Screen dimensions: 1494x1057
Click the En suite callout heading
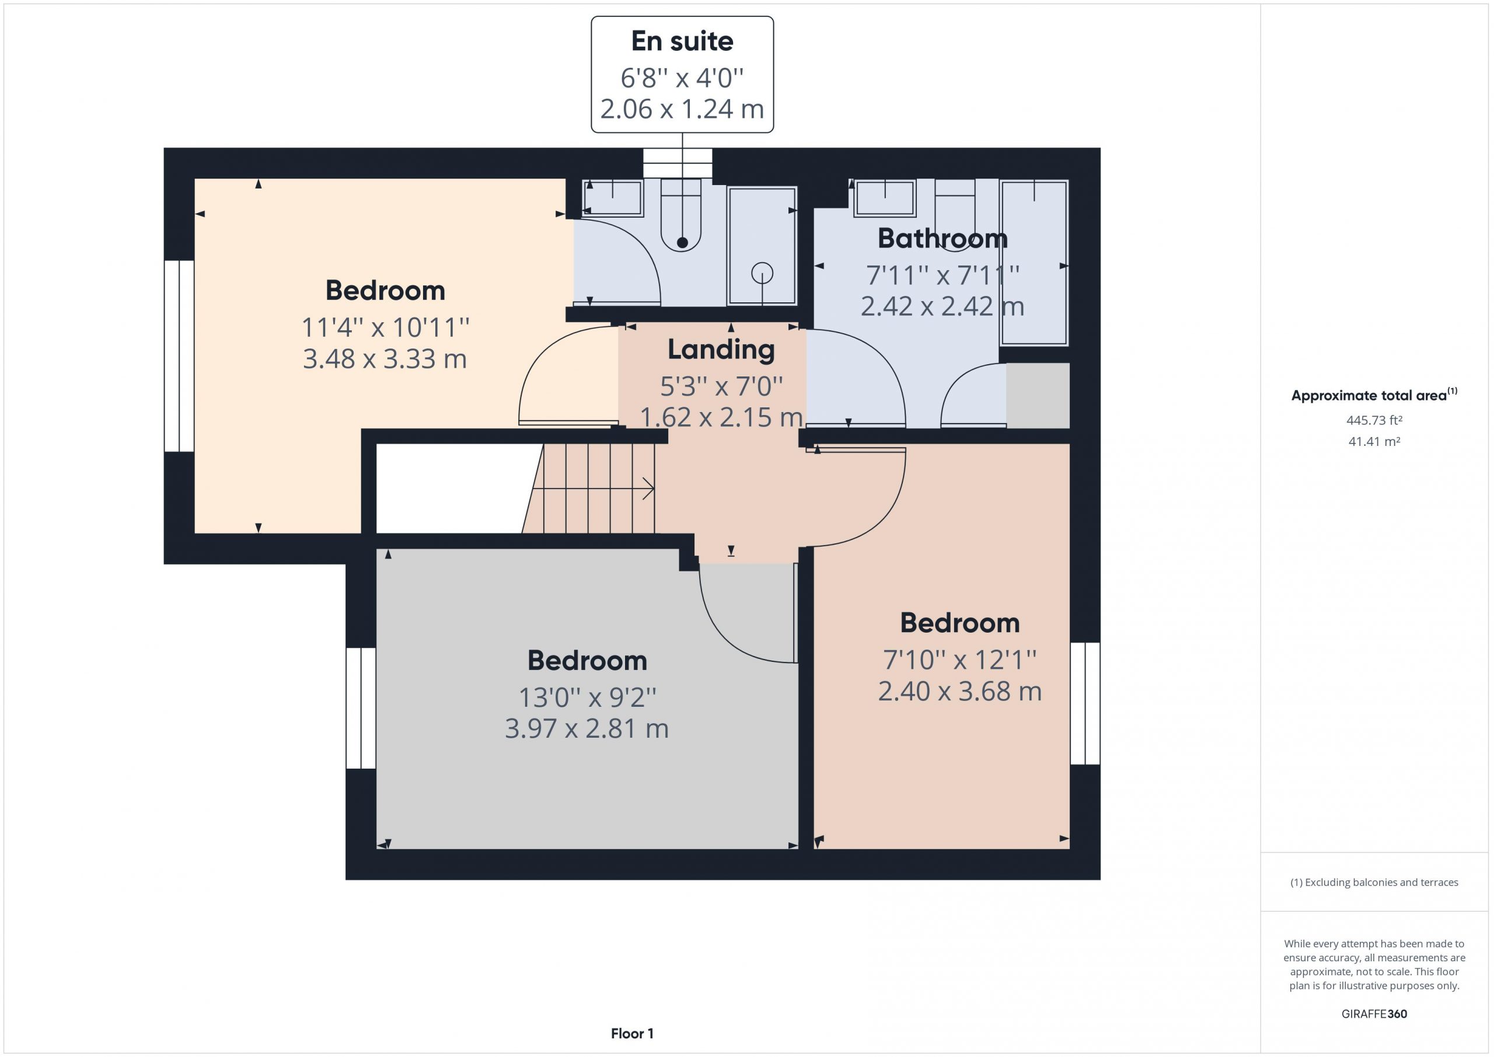(682, 41)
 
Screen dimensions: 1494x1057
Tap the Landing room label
(721, 350)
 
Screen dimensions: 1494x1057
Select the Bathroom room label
(942, 238)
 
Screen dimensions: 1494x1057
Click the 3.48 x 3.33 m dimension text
(385, 358)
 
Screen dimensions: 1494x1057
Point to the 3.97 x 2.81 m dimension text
(587, 728)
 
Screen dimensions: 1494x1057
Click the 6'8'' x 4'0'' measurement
(682, 78)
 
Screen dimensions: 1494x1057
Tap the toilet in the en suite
(681, 215)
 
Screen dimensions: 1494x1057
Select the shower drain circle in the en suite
(762, 273)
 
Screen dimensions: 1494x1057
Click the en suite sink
(612, 198)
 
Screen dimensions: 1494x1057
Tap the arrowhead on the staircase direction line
(649, 488)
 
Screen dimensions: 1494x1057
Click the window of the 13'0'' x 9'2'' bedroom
(361, 708)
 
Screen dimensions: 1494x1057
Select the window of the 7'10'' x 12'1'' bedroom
(1085, 703)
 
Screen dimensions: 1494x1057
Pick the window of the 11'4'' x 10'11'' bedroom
(179, 356)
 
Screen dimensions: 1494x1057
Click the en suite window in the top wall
(678, 163)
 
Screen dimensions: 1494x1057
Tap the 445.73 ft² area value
(1374, 420)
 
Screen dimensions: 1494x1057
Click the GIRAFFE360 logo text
(1374, 1013)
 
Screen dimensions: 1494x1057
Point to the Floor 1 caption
(632, 1033)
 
